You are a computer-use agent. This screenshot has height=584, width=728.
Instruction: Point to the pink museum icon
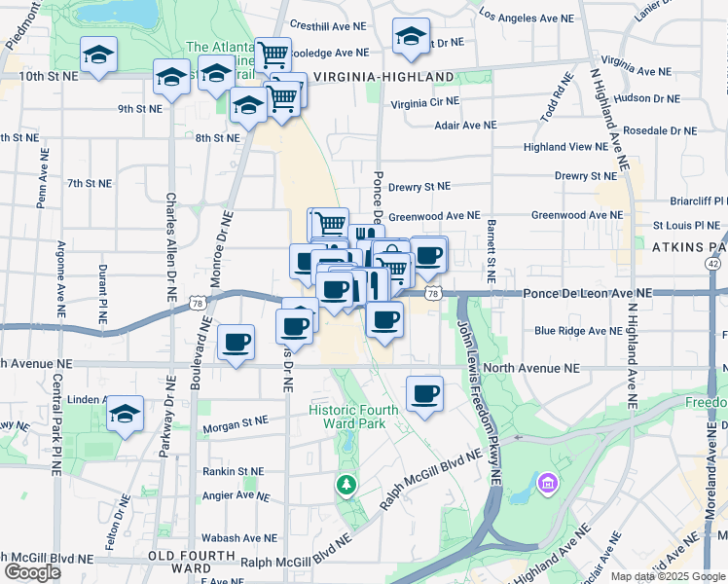click(547, 483)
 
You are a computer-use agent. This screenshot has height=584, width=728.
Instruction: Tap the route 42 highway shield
click(714, 264)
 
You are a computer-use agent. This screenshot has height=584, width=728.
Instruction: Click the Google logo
click(31, 572)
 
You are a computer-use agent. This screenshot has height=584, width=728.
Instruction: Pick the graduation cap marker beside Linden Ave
click(125, 414)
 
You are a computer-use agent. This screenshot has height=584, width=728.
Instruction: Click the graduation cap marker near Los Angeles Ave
click(411, 37)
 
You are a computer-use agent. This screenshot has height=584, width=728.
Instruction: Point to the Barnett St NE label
click(491, 250)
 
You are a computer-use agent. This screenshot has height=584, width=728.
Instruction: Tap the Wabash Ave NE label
click(239, 538)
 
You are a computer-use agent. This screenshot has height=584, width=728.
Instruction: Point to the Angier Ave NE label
click(232, 495)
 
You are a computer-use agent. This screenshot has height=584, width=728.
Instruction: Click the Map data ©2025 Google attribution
click(668, 576)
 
